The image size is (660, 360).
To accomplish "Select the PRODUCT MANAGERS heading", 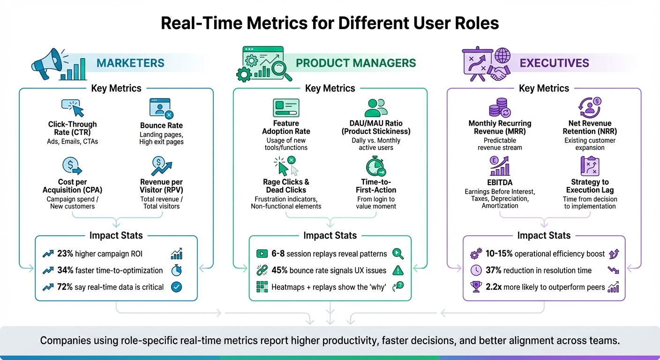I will tap(356, 63).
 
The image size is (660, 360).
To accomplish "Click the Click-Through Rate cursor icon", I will tap(73, 107).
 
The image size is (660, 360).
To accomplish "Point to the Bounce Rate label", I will tap(161, 126).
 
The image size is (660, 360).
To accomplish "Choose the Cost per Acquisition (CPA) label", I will tap(72, 186).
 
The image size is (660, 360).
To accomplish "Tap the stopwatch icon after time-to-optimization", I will tap(177, 270).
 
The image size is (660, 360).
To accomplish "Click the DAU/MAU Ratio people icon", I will tap(375, 107).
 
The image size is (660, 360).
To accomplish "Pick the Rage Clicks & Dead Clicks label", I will tap(286, 186).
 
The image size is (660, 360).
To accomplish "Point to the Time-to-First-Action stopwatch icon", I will tap(375, 166).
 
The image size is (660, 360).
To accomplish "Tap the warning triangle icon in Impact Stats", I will tap(397, 270).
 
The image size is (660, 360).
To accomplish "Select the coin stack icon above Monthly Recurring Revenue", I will tap(500, 107).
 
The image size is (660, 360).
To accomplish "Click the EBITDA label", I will tap(500, 182).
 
